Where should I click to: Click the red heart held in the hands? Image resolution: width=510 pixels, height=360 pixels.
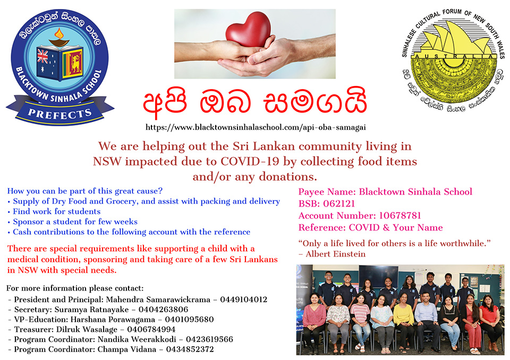248,29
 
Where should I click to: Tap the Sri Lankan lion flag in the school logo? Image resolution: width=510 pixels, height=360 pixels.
73,63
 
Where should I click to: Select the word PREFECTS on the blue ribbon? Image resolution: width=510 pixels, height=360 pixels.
60,114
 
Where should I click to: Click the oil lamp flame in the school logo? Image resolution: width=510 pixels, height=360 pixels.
59,33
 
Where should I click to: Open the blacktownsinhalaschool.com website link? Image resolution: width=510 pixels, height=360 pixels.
256,127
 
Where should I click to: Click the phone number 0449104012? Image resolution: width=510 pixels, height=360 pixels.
244,299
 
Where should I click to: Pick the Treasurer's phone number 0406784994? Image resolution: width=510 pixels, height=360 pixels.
151,329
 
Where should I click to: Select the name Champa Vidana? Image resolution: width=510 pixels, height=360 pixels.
127,349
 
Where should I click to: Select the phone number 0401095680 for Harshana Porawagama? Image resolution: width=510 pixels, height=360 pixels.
189,320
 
